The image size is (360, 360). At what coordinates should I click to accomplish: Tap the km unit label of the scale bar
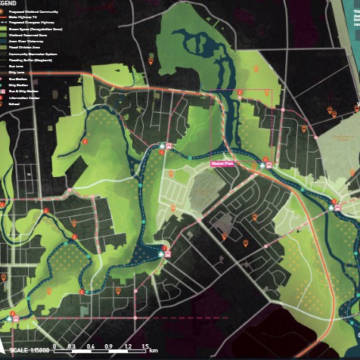pyautogui.click(x=154, y=350)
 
